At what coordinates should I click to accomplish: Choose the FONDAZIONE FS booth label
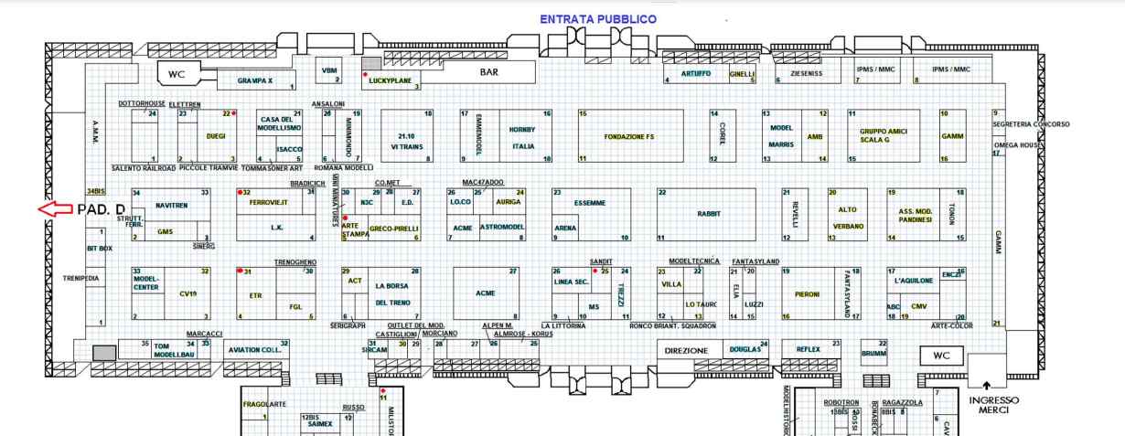coord(632,136)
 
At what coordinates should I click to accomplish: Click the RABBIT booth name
coord(709,213)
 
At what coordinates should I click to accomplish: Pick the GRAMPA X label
coord(255,81)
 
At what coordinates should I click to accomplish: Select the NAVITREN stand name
coord(171,206)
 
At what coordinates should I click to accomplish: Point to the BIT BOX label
coord(99,248)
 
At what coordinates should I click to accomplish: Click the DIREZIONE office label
coord(686,350)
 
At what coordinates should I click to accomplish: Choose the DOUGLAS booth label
coord(745,349)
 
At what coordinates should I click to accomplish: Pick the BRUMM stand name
coord(875,353)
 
